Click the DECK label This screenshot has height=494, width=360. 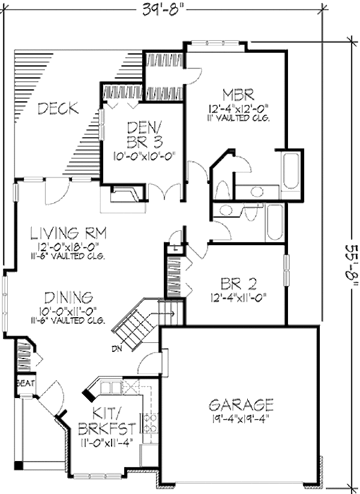(x=58, y=109)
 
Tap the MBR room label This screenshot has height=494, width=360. (x=239, y=95)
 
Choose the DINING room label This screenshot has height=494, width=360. (x=69, y=297)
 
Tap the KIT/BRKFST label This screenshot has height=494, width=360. (x=105, y=421)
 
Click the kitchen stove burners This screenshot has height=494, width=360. (x=151, y=423)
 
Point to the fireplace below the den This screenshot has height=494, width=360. (x=128, y=195)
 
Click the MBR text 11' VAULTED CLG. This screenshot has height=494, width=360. (x=239, y=118)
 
